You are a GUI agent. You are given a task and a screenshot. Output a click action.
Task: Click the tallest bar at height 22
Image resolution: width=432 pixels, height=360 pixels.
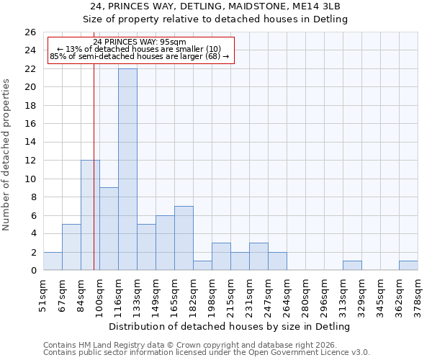[x=127, y=169]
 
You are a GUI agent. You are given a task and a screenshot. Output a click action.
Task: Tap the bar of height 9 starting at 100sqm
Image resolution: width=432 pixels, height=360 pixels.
[x=109, y=228]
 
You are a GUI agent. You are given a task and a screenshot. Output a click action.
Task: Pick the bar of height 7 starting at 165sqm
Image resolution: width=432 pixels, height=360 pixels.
[x=184, y=238]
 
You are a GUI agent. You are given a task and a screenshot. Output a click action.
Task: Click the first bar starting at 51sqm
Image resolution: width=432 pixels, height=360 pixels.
[x=53, y=261]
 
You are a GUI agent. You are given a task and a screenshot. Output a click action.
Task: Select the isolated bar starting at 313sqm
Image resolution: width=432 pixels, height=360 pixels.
[x=352, y=265]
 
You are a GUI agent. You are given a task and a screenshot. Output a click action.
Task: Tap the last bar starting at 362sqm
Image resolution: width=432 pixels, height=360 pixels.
[x=408, y=265]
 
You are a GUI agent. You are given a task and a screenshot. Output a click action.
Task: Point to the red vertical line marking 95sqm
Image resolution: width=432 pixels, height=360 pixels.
[x=94, y=180]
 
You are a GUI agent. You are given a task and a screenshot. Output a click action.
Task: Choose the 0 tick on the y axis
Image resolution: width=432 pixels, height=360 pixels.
[x=33, y=271]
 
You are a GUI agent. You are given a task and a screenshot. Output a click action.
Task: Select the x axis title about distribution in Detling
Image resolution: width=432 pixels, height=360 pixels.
[x=230, y=326]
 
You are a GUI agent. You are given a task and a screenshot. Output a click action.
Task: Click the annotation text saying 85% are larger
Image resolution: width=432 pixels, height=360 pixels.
[x=140, y=56]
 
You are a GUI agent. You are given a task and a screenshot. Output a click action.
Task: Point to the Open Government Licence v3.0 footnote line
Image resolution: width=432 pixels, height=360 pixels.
[x=206, y=352]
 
